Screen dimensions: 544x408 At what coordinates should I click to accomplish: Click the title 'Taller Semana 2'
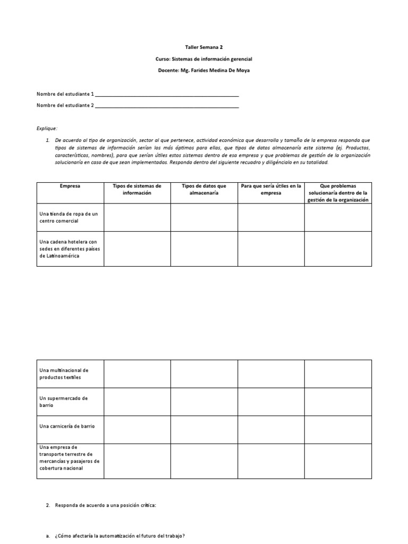(x=204, y=47)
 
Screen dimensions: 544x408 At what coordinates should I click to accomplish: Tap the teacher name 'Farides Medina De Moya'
(x=219, y=70)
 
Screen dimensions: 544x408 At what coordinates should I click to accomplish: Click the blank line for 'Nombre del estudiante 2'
(x=167, y=105)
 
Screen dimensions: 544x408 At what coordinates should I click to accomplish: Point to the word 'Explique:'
(x=47, y=129)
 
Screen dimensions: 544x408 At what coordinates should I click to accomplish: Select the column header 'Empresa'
(x=70, y=186)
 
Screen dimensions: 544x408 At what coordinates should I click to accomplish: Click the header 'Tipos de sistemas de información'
(x=137, y=190)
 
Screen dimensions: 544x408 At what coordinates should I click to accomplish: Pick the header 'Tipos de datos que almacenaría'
(x=204, y=190)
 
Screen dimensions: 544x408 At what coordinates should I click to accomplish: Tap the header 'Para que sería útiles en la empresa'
(x=271, y=190)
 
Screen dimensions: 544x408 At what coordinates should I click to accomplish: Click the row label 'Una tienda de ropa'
(x=69, y=217)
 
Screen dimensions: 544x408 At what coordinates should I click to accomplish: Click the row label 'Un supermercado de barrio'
(x=63, y=402)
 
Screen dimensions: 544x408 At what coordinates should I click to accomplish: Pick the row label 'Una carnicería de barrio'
(x=67, y=426)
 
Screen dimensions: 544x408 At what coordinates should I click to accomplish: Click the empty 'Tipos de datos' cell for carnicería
(x=204, y=429)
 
